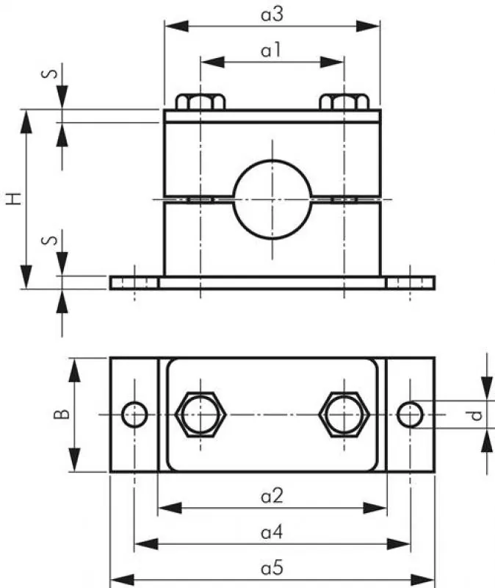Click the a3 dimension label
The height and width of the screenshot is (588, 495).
pos(272,13)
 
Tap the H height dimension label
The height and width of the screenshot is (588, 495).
pos(13,198)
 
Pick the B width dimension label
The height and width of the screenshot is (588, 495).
pos(62,415)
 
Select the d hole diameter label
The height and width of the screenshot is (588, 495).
pos(477,415)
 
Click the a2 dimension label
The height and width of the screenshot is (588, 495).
pos(272,497)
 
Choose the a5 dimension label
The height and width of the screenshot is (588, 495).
pos(272,568)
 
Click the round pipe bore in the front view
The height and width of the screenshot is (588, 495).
pos(272,198)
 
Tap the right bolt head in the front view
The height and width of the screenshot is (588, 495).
pos(344,101)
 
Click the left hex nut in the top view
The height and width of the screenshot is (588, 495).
pos(200,415)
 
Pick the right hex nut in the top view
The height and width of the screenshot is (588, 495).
pos(344,415)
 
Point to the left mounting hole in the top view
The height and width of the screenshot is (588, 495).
pos(134,415)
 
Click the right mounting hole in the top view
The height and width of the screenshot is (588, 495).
pos(409,415)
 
